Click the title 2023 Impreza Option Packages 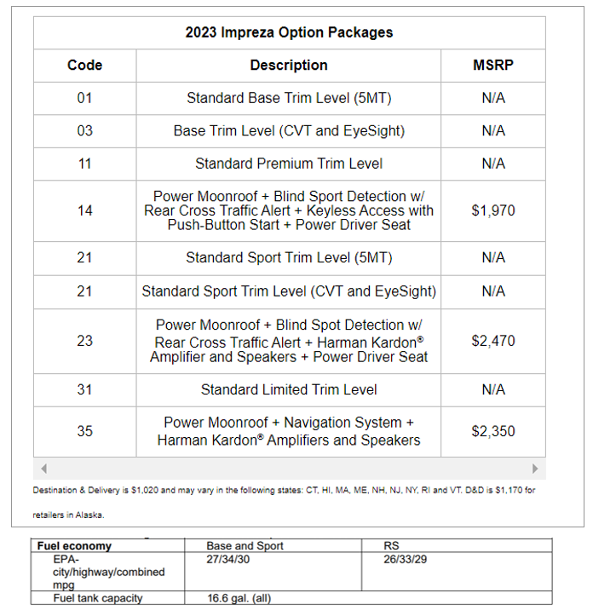(289, 32)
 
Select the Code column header (84, 65)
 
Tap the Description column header (289, 65)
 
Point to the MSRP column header (493, 65)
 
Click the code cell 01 (84, 98)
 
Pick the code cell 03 (84, 130)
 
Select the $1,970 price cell (493, 210)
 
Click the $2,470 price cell (493, 341)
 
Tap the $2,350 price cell (493, 431)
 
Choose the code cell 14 (84, 210)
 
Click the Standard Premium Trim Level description (289, 164)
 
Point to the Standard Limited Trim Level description (289, 389)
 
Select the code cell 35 (84, 431)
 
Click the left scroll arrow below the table (44, 469)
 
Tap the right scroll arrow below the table (535, 469)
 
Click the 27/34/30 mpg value (229, 559)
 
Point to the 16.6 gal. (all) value (239, 598)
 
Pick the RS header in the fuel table (392, 545)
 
